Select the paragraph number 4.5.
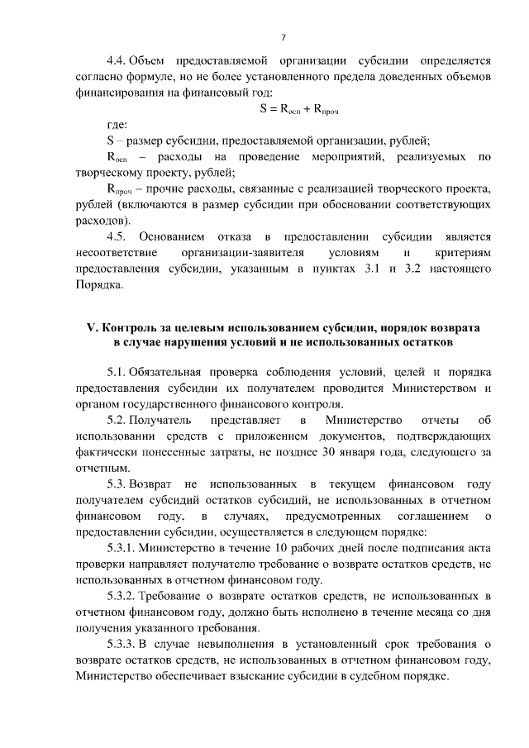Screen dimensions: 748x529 pyautogui.click(x=117, y=236)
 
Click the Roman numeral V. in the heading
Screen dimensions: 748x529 pyautogui.click(x=92, y=327)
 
